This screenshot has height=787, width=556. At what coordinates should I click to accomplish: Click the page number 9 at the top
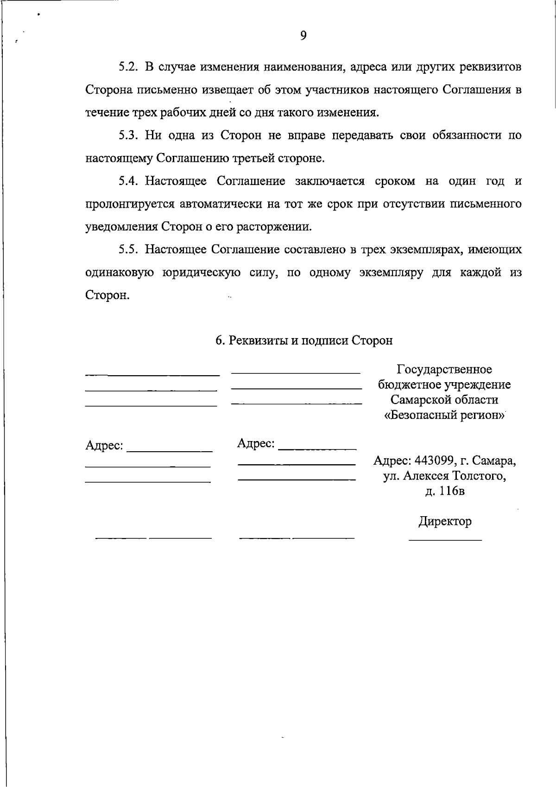tap(303, 36)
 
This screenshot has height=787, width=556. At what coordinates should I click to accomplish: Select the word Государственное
tap(444, 370)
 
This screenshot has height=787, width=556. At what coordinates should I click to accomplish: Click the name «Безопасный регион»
tap(444, 415)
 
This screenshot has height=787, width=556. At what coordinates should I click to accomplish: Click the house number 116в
tap(451, 491)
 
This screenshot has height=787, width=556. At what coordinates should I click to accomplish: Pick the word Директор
tap(445, 521)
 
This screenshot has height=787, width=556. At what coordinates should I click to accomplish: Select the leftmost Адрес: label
tap(104, 446)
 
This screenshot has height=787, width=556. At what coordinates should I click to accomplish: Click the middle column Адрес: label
tap(256, 443)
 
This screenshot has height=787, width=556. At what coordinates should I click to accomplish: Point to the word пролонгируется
tap(129, 204)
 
